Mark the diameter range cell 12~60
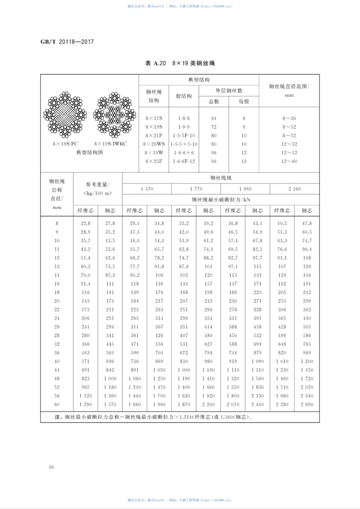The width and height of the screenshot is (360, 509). coord(289,161)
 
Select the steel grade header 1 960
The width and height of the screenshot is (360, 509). coord(245,189)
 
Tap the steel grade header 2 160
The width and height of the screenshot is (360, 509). coord(295,189)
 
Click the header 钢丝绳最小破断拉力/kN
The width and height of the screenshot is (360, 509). coord(221,200)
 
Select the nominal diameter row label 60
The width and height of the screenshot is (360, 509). coord(57,405)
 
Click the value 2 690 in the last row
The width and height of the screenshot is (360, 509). coord(307,405)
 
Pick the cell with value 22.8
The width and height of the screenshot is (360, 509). coord(85,223)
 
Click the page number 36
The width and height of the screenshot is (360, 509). coord(51,467)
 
